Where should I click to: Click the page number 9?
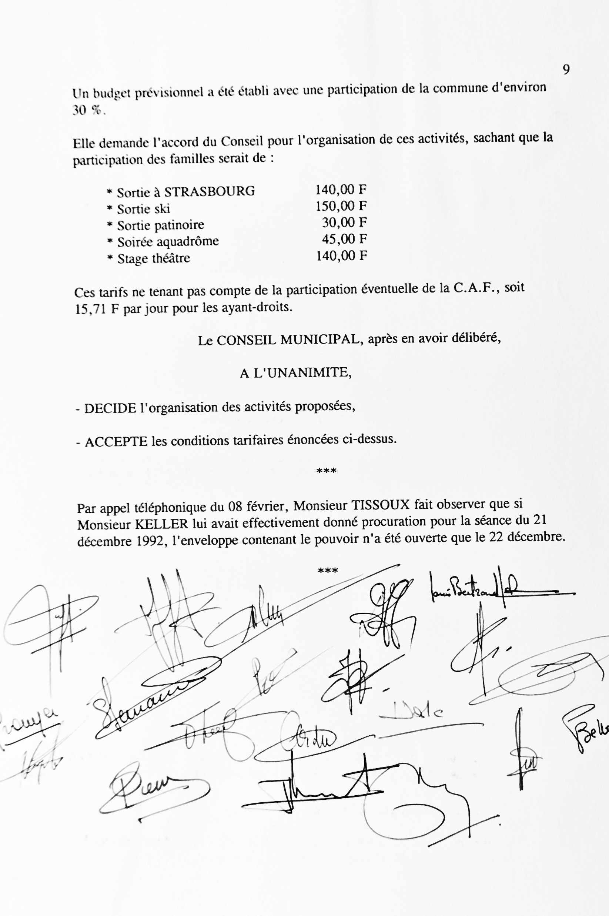[x=566, y=70]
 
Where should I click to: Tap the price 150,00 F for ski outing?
[x=341, y=206]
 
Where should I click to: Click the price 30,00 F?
[x=344, y=223]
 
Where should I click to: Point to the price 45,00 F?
[x=344, y=239]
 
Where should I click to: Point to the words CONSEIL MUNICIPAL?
[x=287, y=340]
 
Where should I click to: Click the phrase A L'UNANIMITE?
[x=295, y=373]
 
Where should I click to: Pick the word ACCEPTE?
[x=116, y=442]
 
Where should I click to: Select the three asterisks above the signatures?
[x=328, y=571]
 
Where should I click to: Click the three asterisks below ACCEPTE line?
[x=326, y=471]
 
